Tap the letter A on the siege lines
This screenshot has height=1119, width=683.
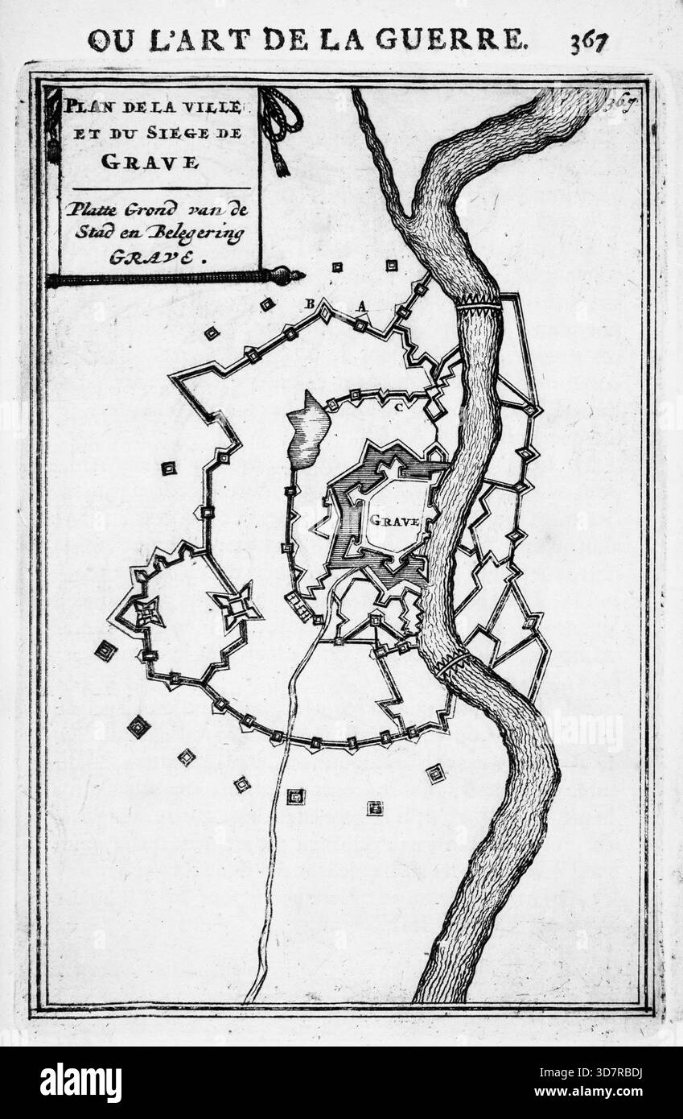[x=362, y=305]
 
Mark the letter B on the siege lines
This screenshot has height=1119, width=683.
[x=307, y=303]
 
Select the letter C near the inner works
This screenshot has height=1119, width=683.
[x=397, y=407]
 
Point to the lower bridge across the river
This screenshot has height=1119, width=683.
[x=452, y=663]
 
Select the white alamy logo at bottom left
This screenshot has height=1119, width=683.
[x=80, y=1082]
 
